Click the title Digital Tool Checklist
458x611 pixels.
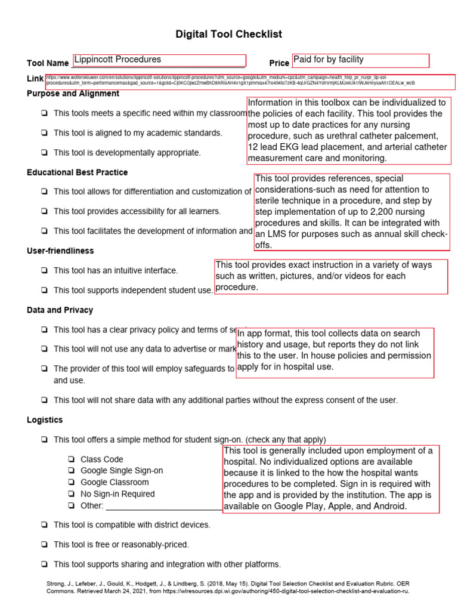click(x=228, y=35)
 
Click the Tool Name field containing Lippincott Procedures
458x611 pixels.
click(x=159, y=60)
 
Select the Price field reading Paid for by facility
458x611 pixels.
click(x=360, y=60)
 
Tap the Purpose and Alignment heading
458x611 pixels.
click(x=73, y=94)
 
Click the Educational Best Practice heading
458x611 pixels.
click(x=77, y=172)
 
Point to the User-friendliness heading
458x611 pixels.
click(x=60, y=251)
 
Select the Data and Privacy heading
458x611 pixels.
click(x=60, y=310)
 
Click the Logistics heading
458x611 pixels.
click(x=45, y=420)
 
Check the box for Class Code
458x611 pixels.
click(x=71, y=460)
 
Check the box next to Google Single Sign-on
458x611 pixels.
click(x=71, y=471)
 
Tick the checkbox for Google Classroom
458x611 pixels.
click(x=71, y=483)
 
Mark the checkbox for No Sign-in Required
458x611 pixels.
click(x=71, y=495)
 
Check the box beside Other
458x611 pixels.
click(x=71, y=506)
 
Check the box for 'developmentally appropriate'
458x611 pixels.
click(x=45, y=153)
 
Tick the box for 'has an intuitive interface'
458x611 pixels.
click(x=45, y=271)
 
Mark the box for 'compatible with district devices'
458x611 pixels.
click(x=45, y=525)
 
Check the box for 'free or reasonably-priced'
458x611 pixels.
click(x=45, y=545)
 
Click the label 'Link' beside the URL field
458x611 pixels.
click(x=35, y=79)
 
